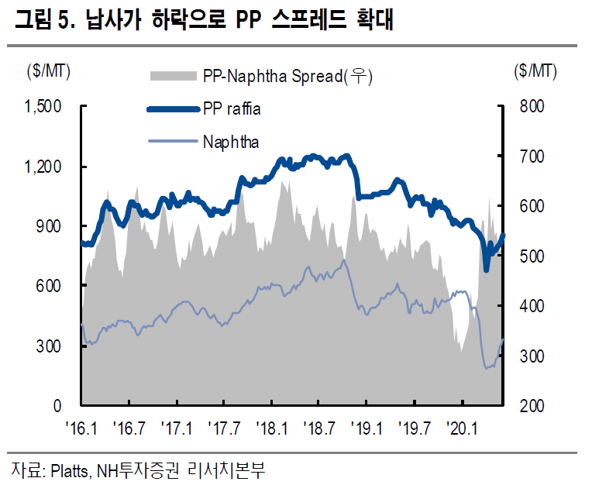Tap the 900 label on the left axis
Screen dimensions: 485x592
tap(51, 226)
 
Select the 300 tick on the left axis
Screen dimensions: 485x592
tap(51, 346)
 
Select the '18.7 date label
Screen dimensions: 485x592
tap(319, 427)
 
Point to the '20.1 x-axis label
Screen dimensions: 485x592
tap(463, 427)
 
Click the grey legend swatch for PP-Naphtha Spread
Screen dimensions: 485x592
tap(173, 76)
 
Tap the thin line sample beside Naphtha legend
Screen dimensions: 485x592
tap(173, 142)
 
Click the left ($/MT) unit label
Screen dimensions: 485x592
tap(48, 71)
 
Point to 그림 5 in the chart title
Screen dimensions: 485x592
tap(39, 21)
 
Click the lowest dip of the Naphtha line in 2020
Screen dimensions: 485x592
tap(487, 368)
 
